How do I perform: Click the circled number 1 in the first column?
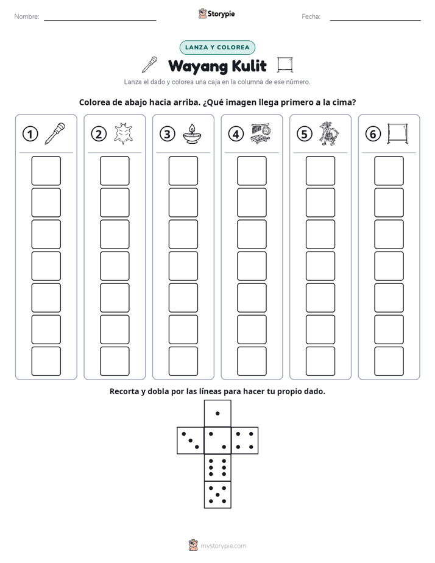pyautogui.click(x=30, y=134)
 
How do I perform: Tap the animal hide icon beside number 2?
pyautogui.click(x=123, y=134)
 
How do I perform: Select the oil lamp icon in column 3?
pyautogui.click(x=192, y=134)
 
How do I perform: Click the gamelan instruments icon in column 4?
pyautogui.click(x=261, y=134)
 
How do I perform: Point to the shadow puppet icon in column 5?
pyautogui.click(x=329, y=133)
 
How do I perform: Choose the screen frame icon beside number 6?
pyautogui.click(x=397, y=134)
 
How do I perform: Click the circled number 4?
pyautogui.click(x=236, y=134)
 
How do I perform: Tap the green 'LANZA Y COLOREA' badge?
pyautogui.click(x=217, y=48)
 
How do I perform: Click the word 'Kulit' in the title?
pyautogui.click(x=249, y=66)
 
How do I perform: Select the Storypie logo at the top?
pyautogui.click(x=216, y=14)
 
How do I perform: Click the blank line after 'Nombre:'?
pyautogui.click(x=100, y=20)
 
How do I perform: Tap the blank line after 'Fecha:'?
pyautogui.click(x=375, y=20)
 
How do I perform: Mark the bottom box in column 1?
pyautogui.click(x=46, y=361)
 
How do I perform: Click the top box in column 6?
pyautogui.click(x=389, y=171)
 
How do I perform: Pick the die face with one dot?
pyautogui.click(x=217, y=414)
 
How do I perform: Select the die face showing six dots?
pyautogui.click(x=217, y=467)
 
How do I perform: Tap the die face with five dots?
pyautogui.click(x=217, y=495)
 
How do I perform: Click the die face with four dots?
pyautogui.click(x=245, y=441)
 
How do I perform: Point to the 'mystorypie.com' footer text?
pyautogui.click(x=223, y=546)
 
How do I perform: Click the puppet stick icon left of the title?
pyautogui.click(x=150, y=65)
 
